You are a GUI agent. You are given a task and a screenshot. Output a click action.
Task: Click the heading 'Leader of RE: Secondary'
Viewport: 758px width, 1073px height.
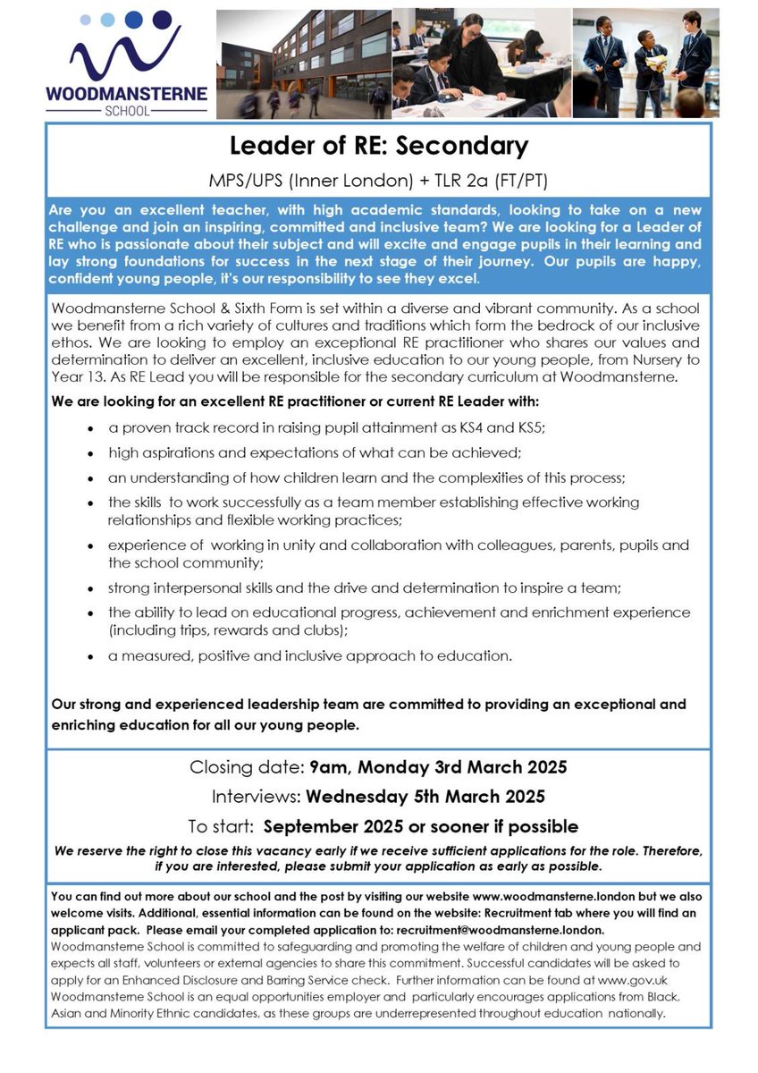[379, 145]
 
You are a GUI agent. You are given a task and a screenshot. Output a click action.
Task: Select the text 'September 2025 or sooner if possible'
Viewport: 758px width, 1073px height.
[421, 826]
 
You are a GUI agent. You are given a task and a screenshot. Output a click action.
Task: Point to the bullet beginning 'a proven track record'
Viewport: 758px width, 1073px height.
[327, 427]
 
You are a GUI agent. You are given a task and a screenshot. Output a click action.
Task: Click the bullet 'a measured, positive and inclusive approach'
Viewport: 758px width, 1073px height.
[310, 655]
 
